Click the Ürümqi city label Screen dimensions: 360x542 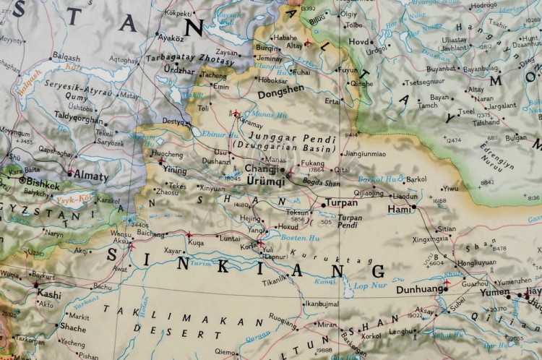[x=265, y=180]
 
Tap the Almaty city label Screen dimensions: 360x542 [x=90, y=176]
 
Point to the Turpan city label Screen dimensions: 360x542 [x=342, y=203]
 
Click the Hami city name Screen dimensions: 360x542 [x=399, y=208]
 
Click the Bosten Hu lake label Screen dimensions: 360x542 [x=295, y=239]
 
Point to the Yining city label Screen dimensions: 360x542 [x=175, y=171]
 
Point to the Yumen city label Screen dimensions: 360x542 [x=496, y=293]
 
